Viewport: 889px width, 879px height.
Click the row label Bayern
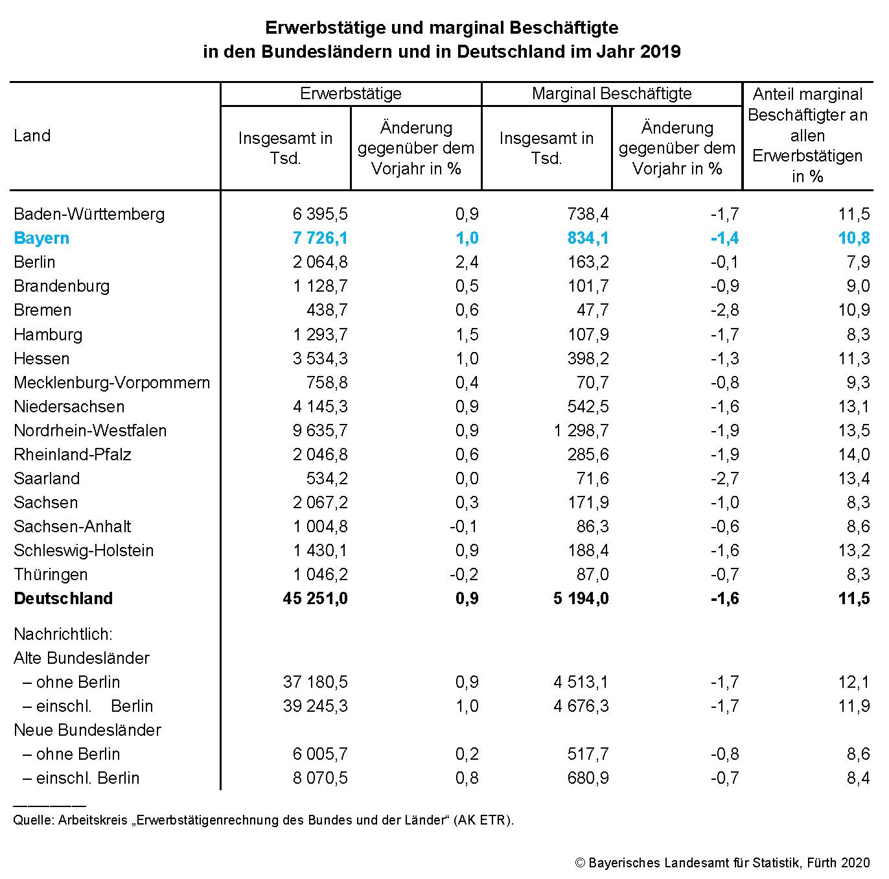(41, 238)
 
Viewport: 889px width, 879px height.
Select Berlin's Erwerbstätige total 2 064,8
(320, 262)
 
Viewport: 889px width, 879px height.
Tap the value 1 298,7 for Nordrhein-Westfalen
(581, 430)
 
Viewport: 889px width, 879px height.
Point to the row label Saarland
(47, 478)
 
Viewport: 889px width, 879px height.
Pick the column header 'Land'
(32, 135)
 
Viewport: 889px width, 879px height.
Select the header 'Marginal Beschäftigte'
(611, 93)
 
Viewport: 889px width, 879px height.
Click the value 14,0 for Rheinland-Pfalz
(854, 454)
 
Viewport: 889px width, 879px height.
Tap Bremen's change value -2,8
(724, 310)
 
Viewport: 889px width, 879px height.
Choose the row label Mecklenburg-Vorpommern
(111, 382)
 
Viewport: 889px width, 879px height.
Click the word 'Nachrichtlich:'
(63, 634)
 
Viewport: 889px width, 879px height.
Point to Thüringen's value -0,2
(464, 574)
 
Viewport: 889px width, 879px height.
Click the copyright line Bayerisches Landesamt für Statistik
(722, 863)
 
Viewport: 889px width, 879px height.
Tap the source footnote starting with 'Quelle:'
(263, 820)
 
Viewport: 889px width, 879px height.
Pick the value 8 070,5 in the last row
(320, 778)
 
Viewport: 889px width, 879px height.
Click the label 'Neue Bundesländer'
(87, 730)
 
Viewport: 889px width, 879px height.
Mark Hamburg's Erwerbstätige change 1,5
(467, 334)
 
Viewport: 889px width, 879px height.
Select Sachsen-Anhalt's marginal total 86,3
(592, 526)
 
